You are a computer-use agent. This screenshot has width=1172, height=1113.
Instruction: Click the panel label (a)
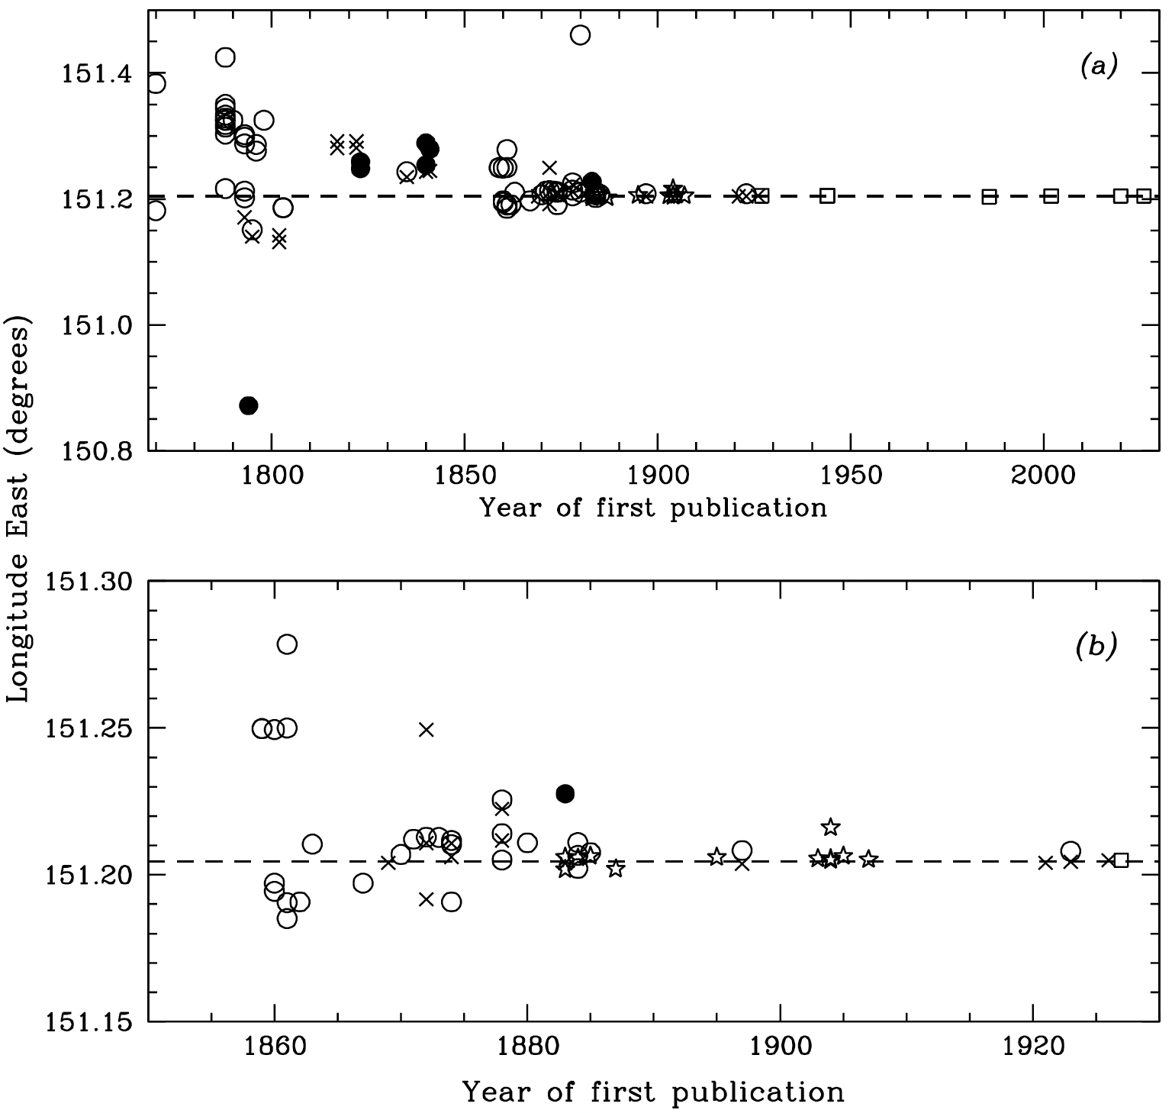click(x=1099, y=67)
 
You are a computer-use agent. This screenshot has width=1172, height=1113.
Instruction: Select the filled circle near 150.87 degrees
click(x=248, y=405)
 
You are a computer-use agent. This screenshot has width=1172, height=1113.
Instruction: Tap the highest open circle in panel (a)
click(x=580, y=35)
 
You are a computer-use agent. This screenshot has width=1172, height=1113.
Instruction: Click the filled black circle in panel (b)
click(x=565, y=794)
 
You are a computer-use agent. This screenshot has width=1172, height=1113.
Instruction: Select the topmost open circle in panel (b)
click(x=287, y=644)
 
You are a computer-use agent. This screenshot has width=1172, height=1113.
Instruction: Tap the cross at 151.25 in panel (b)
click(x=427, y=729)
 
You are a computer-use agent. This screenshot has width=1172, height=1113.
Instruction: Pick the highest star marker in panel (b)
click(x=830, y=827)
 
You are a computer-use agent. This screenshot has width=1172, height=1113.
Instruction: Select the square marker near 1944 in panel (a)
click(x=827, y=196)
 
